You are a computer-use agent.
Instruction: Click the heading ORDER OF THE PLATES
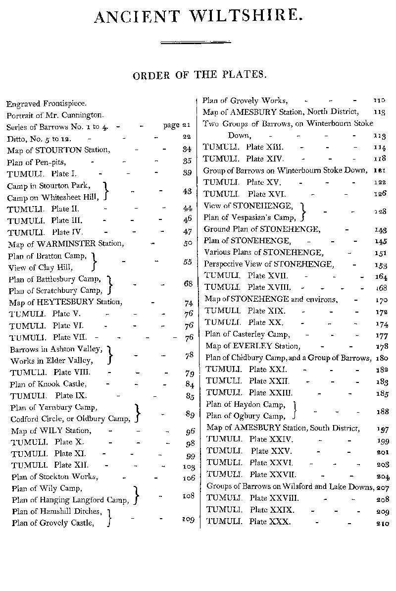pyautogui.click(x=199, y=75)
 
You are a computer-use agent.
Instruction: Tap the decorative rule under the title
pyautogui.click(x=196, y=43)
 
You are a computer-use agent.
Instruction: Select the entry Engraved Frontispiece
pyautogui.click(x=47, y=104)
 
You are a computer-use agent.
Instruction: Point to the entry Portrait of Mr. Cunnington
pyautogui.click(x=55, y=115)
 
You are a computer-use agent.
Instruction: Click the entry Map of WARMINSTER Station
pyautogui.click(x=66, y=244)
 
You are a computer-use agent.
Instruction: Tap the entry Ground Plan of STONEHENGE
pyautogui.click(x=262, y=229)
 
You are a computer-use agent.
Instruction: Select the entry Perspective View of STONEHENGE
pyautogui.click(x=269, y=264)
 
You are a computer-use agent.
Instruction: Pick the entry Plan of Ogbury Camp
pyautogui.click(x=246, y=416)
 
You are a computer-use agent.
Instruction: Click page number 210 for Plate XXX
pyautogui.click(x=382, y=523)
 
